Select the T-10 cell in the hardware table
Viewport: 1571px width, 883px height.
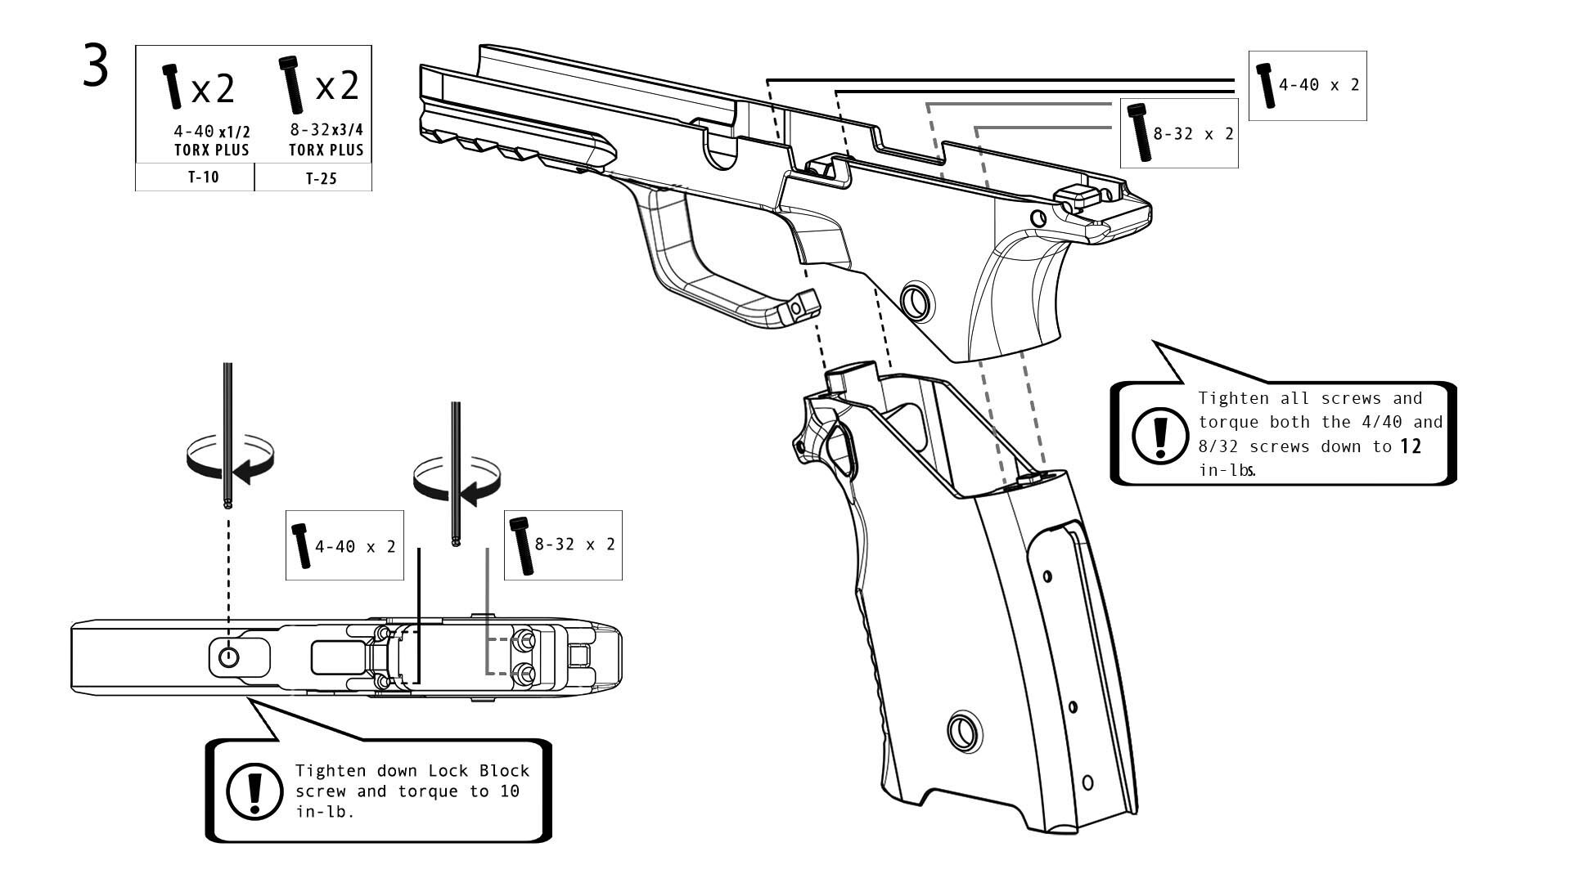pyautogui.click(x=203, y=177)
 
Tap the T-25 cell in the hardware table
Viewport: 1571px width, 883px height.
pyautogui.click(x=321, y=178)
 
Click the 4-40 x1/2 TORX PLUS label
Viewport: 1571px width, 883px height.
pyautogui.click(x=211, y=141)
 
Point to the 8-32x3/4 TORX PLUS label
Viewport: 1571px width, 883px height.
pyautogui.click(x=326, y=140)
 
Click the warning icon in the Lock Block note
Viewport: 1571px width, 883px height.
pyautogui.click(x=254, y=791)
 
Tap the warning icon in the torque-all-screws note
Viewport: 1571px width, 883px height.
pyautogui.click(x=1159, y=433)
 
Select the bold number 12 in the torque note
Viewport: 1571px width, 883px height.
pyautogui.click(x=1410, y=446)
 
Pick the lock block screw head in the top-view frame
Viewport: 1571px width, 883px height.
pyautogui.click(x=228, y=656)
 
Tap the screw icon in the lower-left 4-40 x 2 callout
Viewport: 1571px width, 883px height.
pyautogui.click(x=301, y=545)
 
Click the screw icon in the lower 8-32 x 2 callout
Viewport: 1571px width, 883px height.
pyautogui.click(x=520, y=545)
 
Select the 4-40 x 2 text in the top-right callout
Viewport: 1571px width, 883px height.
pyautogui.click(x=1319, y=85)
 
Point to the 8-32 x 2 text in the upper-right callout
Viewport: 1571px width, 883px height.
pyautogui.click(x=1193, y=133)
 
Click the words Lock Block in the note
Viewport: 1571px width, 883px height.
pyautogui.click(x=479, y=771)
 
